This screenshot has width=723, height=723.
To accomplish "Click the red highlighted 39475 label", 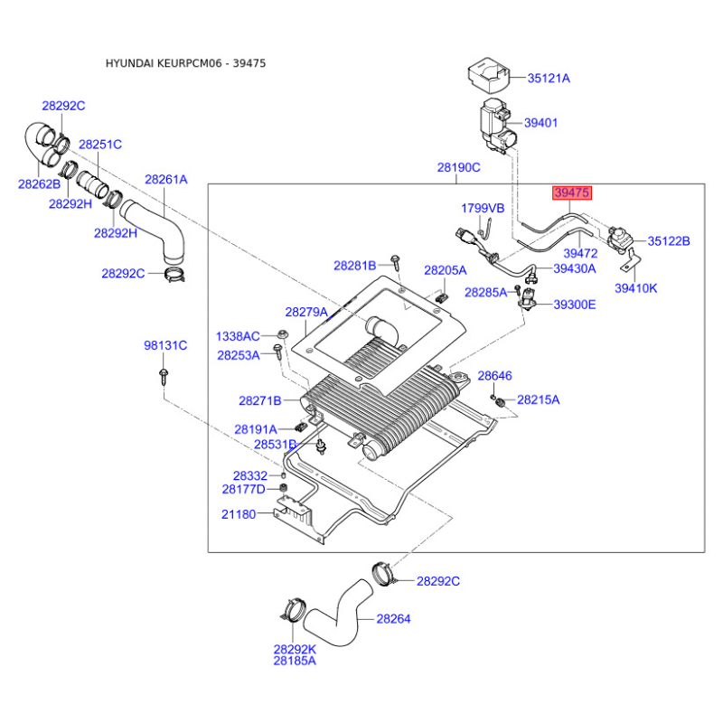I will tap(572, 193).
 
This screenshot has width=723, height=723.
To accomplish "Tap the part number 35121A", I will tap(549, 79).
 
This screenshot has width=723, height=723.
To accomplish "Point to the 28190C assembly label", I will tap(459, 168).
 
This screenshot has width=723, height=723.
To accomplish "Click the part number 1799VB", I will tap(483, 208).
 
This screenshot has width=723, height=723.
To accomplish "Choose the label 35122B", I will tap(668, 241).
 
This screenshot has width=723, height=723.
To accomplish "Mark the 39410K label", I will tap(636, 288).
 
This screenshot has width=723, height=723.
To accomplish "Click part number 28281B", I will tap(354, 266).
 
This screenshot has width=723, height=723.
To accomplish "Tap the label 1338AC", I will tap(238, 335).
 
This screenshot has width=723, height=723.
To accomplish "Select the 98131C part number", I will tap(165, 345).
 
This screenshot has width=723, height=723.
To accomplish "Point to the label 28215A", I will tap(538, 399).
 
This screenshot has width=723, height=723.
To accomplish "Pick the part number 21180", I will tap(239, 514).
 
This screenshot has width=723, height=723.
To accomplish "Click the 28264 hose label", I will tap(393, 619).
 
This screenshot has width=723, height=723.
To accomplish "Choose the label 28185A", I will tap(295, 661).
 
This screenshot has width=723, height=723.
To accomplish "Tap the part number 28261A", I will tap(165, 180).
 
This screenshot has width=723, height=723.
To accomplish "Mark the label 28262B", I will tap(39, 184).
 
